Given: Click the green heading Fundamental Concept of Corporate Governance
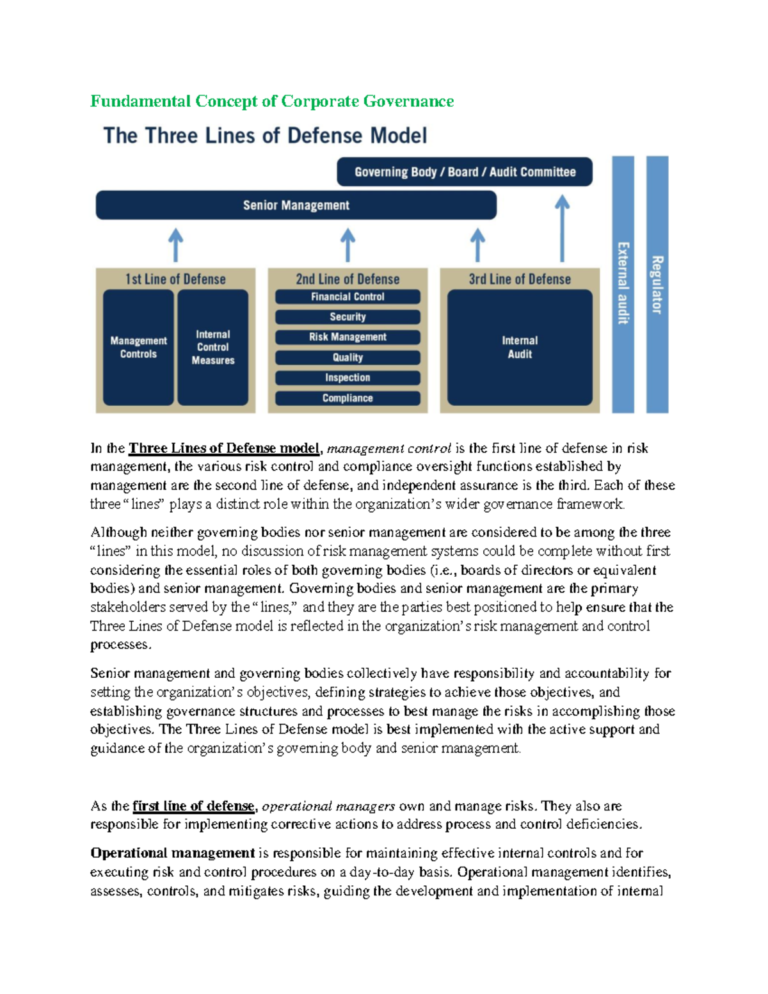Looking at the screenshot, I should (272, 101).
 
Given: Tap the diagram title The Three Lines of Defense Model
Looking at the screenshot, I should (265, 136).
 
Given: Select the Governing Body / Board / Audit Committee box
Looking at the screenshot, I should (465, 172).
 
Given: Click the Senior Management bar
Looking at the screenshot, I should (296, 205).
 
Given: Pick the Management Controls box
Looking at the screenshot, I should (138, 347).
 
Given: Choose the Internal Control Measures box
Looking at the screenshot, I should (213, 347).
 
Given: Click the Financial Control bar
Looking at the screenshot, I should (348, 296).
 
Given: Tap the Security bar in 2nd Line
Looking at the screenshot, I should (348, 317).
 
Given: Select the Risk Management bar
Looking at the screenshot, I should (348, 337).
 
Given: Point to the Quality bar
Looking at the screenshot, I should (348, 357).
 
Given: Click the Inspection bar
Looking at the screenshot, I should (348, 378).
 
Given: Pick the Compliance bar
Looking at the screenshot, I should (348, 398).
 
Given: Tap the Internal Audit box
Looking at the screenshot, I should (520, 347).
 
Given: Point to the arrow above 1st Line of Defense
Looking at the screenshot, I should (175, 245).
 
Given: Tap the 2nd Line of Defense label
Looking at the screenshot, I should (348, 279).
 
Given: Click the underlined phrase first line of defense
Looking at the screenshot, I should (193, 806).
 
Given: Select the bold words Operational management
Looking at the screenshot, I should (173, 853).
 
